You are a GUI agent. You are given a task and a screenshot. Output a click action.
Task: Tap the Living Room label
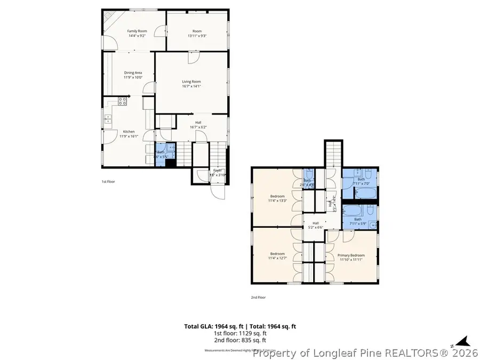[191, 82]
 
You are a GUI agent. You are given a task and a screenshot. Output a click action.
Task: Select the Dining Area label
[133, 73]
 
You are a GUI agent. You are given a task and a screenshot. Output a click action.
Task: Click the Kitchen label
[129, 131]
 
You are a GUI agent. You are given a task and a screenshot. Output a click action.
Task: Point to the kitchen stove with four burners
[122, 100]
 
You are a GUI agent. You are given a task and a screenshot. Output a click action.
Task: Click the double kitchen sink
[107, 118]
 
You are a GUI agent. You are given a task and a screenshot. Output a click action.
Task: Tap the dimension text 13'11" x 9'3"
[197, 36]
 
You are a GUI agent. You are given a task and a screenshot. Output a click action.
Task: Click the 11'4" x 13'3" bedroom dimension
[277, 201]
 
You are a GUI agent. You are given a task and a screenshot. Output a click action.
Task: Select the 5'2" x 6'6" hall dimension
[315, 228]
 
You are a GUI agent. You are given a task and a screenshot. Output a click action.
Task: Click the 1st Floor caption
[108, 181]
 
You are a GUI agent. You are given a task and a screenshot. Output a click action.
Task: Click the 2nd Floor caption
[258, 297]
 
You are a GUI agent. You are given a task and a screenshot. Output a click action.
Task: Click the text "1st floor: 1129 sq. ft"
[240, 333]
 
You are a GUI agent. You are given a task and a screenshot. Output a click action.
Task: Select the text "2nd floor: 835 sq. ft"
[240, 340]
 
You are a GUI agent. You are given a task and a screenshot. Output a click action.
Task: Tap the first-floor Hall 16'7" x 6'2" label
[198, 125]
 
